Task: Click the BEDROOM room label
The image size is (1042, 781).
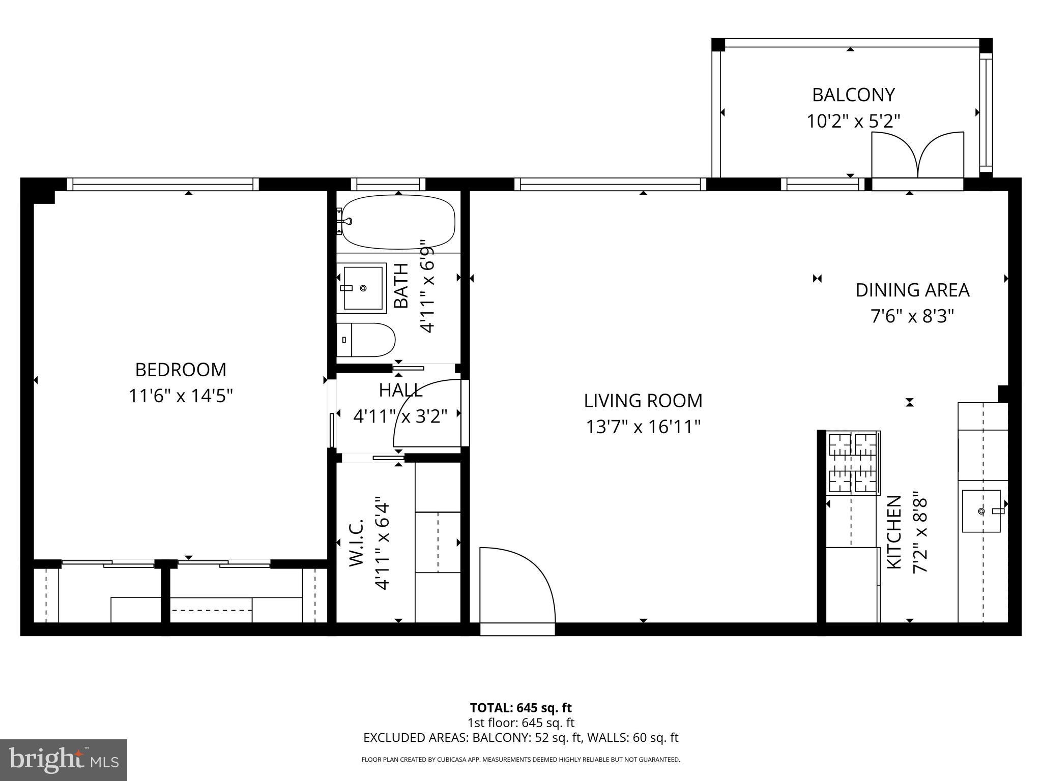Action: [181, 370]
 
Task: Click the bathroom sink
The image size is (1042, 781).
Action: [362, 288]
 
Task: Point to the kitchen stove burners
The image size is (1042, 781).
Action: [853, 463]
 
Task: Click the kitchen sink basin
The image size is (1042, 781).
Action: [981, 510]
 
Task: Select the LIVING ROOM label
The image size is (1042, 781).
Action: [643, 401]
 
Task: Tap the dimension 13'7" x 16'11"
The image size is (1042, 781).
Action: [643, 427]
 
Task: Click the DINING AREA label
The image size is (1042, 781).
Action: [912, 290]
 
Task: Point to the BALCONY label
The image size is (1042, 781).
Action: [853, 95]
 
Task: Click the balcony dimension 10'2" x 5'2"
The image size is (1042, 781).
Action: [853, 122]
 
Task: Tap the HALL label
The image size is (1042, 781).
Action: [400, 390]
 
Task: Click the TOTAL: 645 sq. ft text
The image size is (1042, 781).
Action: [520, 708]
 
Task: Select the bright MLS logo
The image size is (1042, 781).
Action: [63, 760]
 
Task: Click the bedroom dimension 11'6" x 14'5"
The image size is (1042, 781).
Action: [181, 396]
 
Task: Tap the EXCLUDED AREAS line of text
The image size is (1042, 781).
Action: [520, 738]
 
